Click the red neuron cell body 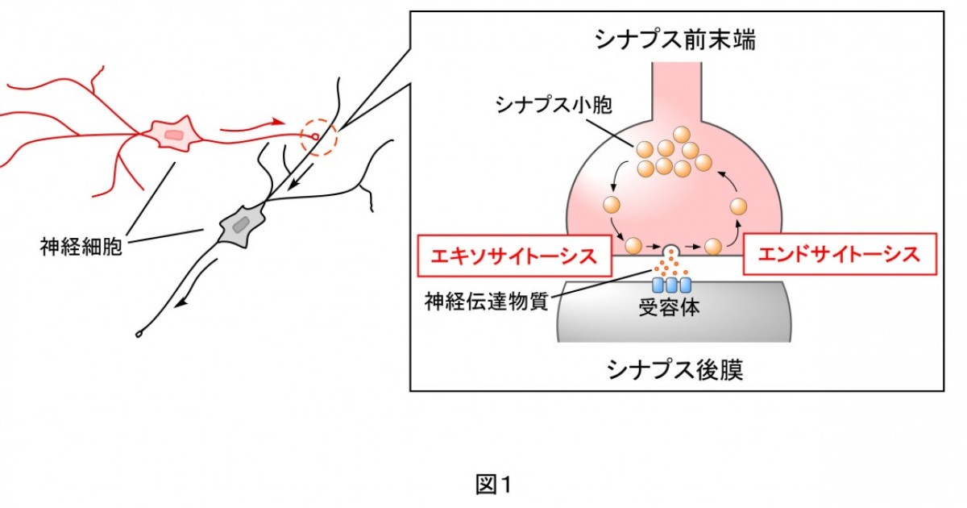(172, 135)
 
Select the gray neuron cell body (240, 224)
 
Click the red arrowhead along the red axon (277, 122)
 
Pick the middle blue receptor (671, 285)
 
